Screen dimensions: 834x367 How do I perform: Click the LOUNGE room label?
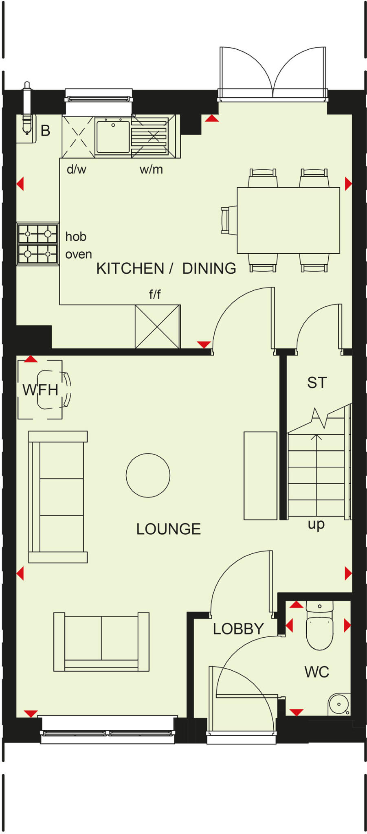pos(168,529)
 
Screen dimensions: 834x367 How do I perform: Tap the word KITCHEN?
pos(130,269)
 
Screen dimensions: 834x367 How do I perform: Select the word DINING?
pos(209,269)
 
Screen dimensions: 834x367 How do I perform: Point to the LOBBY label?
pos(238,629)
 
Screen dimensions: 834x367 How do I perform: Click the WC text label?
pos(316,672)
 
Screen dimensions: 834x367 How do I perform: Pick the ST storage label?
pos(317,383)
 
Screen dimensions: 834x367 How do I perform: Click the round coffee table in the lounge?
pos(148,475)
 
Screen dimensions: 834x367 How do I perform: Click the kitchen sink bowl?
pos(113,136)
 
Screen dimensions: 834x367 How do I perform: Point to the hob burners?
pos(37,244)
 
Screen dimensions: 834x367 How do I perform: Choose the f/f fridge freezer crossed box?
pos(158,327)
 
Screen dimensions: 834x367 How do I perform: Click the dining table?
pos(288,220)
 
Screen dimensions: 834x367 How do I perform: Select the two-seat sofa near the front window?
pos(101,641)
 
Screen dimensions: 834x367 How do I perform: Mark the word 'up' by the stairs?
pos(316,524)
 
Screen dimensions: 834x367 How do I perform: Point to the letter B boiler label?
pos(46,131)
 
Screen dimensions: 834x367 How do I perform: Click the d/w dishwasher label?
pos(77,169)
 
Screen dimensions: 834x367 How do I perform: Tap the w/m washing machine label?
pos(151,169)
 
